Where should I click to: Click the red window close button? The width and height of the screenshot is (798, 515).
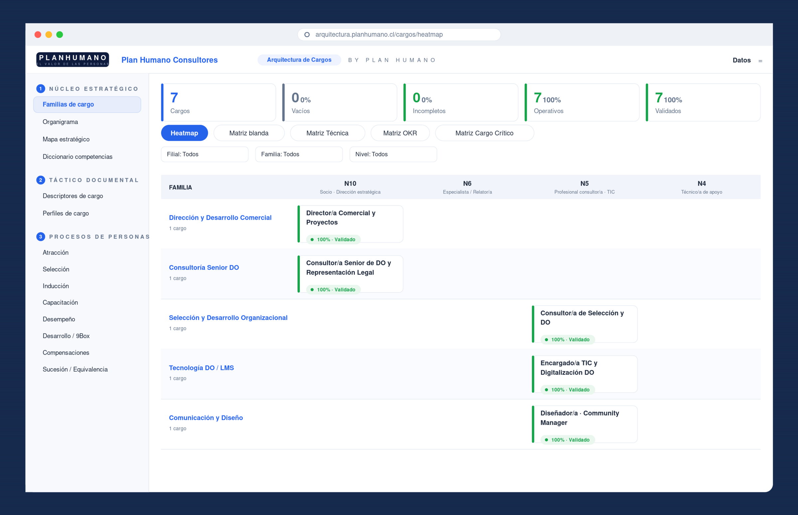[38, 35]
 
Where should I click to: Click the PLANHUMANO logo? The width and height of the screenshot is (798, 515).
[72, 60]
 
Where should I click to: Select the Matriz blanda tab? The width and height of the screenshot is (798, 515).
[249, 133]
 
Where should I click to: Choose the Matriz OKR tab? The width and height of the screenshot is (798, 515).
[400, 133]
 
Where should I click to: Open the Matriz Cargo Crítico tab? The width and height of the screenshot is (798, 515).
[484, 133]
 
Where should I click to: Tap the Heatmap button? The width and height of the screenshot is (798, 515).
[184, 133]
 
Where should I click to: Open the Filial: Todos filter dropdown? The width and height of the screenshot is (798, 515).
[205, 154]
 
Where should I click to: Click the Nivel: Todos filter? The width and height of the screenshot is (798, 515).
[393, 154]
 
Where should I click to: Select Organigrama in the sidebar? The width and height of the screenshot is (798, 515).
[60, 122]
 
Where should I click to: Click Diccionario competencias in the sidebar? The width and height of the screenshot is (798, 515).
[77, 157]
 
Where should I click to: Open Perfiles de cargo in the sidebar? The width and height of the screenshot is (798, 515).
[66, 213]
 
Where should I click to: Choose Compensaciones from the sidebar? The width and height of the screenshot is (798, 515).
[66, 352]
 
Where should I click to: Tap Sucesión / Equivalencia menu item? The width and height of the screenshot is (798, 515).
[75, 369]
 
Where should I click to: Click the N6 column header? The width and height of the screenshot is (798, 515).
[467, 187]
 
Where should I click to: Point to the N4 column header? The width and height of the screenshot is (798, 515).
[701, 187]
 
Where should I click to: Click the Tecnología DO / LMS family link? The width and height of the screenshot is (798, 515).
[201, 368]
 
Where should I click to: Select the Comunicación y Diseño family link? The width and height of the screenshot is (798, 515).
[206, 418]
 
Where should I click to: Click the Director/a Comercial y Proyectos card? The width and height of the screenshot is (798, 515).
[350, 224]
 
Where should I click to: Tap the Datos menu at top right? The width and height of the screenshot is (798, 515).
[741, 60]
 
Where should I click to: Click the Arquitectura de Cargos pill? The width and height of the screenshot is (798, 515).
[299, 60]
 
